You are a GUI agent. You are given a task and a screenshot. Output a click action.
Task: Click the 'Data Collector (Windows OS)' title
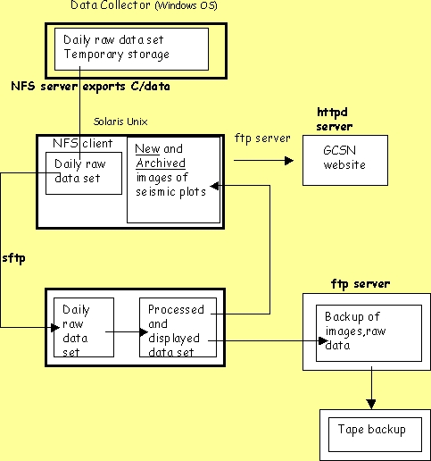(144, 5)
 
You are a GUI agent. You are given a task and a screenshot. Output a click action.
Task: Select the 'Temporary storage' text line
(117, 54)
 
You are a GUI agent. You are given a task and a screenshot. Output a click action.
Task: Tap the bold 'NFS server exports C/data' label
(90, 87)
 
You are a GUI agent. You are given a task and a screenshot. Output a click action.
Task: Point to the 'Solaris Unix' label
(120, 122)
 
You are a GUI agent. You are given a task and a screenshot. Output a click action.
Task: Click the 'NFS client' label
(83, 144)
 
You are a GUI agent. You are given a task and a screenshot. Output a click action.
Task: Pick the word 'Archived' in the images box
(161, 163)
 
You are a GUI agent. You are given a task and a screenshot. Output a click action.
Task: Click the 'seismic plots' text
(170, 192)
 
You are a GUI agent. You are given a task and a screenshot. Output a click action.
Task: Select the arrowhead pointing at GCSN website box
(289, 161)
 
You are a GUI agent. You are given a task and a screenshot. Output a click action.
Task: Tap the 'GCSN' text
(339, 150)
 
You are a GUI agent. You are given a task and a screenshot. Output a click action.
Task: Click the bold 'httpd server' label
(335, 120)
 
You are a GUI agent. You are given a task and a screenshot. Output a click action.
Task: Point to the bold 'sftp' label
(13, 258)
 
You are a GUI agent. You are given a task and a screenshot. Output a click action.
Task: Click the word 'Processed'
(176, 310)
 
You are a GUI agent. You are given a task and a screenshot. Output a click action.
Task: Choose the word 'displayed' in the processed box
(174, 339)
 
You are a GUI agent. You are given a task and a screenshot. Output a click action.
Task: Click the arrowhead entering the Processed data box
(144, 331)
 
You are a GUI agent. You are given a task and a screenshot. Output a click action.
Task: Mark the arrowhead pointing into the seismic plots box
(214, 186)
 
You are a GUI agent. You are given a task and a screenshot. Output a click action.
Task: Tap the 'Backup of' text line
(352, 317)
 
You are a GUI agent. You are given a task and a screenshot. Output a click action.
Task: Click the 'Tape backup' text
(372, 430)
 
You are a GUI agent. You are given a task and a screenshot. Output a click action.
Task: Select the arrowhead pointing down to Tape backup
(371, 405)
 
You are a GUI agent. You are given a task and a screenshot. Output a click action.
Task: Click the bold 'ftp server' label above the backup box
(361, 284)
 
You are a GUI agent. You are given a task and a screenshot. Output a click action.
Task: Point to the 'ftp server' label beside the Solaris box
(262, 138)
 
